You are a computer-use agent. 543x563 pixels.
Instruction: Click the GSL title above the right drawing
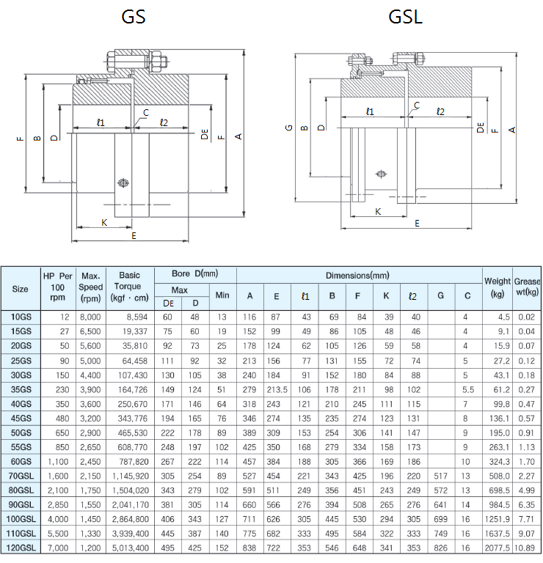click(x=404, y=17)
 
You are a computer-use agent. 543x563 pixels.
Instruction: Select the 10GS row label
click(x=21, y=316)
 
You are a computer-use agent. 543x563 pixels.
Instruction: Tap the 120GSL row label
click(x=21, y=548)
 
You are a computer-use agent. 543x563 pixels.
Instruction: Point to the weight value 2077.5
click(x=496, y=548)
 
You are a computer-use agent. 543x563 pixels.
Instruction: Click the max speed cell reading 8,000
click(x=91, y=316)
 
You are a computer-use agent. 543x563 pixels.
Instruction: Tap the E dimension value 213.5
click(x=276, y=389)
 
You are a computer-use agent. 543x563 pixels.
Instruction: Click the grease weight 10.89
click(x=527, y=548)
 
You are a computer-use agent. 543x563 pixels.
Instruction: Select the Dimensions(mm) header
click(x=358, y=275)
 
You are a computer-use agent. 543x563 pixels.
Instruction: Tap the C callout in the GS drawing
click(x=147, y=112)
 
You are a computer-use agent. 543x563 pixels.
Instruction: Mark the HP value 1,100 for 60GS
click(x=55, y=461)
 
